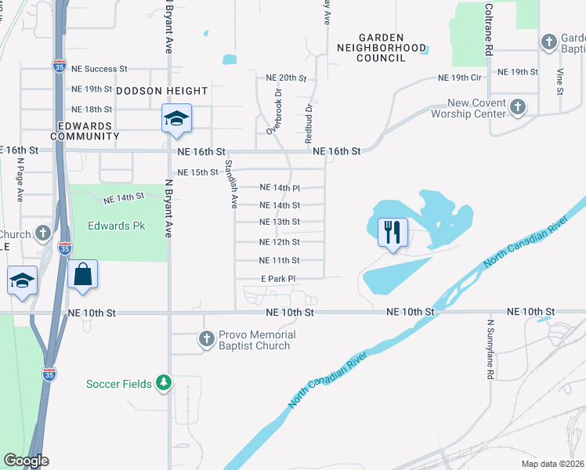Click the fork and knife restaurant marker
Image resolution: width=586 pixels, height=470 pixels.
392,232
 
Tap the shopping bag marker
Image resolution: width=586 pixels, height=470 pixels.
82,275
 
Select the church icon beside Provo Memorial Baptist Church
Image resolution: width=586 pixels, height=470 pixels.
206,339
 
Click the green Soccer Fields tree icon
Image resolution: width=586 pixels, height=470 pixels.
164,383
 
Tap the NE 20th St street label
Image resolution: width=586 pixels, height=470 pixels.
285,78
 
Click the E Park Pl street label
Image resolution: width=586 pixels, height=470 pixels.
278,279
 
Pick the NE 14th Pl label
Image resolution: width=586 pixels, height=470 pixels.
280,187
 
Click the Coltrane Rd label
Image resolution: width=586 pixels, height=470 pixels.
487,27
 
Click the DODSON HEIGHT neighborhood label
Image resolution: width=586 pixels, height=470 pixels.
162,91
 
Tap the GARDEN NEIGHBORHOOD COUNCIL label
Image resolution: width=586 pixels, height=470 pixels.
381,48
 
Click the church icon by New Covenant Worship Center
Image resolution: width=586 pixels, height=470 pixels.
517,106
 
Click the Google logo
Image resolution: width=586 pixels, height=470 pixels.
26,461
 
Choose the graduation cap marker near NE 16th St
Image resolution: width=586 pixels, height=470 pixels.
176,118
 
